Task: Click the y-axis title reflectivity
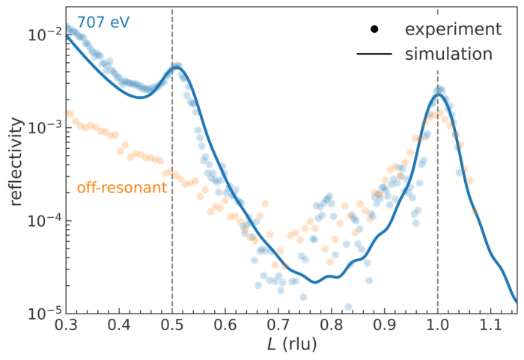pos(16,161)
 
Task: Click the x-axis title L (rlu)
pos(293,345)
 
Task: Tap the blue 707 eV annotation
pos(103,22)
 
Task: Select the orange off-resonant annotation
pos(121,188)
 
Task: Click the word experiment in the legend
pos(453,29)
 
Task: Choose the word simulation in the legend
pos(448,55)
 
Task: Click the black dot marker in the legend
pos(375,29)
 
